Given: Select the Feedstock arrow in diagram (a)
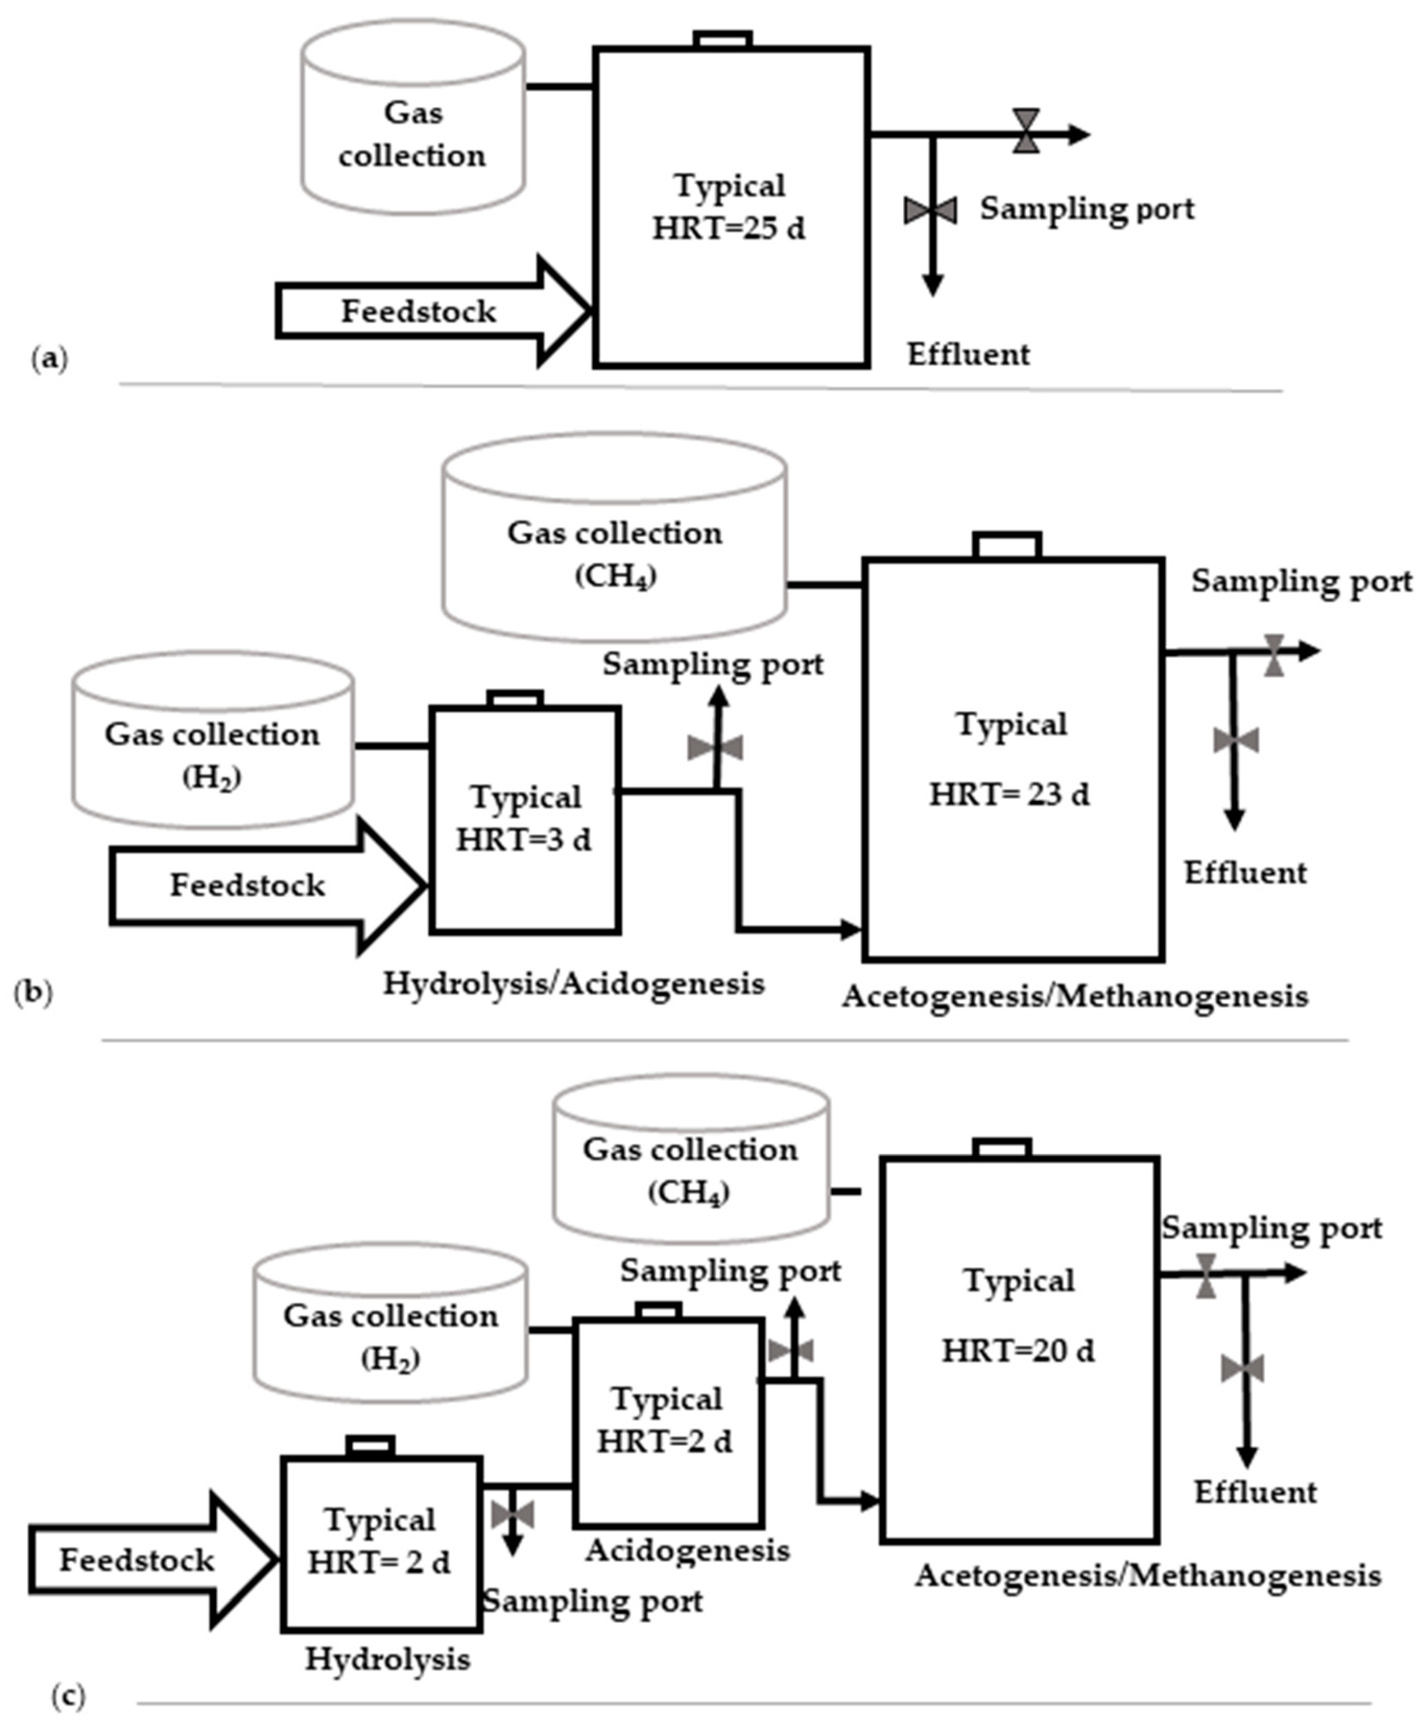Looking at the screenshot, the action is coord(433,310).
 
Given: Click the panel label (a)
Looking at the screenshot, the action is coord(50,359).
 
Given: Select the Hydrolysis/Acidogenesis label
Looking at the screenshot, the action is coord(574,984).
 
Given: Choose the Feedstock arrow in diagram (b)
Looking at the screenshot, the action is coord(268,886).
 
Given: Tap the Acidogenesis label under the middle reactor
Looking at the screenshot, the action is coord(687,1551).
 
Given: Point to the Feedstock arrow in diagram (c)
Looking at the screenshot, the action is coord(154,1559).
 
